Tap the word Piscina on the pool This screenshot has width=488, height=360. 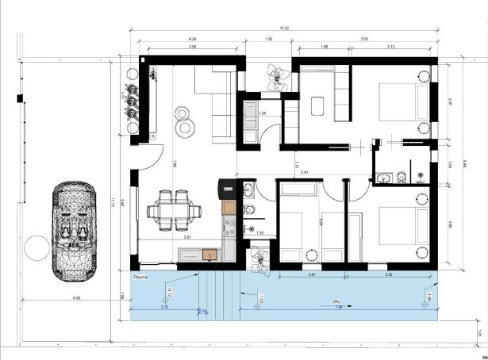143,278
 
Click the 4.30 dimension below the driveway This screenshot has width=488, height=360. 76,298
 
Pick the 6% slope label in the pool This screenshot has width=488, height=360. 337,301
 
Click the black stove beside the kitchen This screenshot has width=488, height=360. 226,189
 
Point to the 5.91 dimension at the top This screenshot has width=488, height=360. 364,37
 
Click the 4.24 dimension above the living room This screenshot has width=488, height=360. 192,37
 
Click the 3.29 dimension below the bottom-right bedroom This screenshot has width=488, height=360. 389,274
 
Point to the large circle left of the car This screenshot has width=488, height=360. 37,247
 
